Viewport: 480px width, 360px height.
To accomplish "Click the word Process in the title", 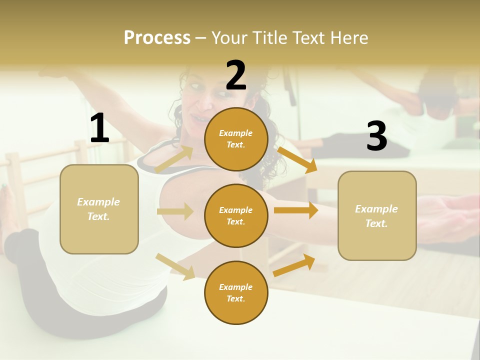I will (x=157, y=37).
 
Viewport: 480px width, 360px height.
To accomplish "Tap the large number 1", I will (x=99, y=128).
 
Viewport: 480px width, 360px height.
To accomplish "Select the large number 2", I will (x=236, y=75).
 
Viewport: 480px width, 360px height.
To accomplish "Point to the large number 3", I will (x=376, y=136).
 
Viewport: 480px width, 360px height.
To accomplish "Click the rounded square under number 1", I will (x=99, y=209).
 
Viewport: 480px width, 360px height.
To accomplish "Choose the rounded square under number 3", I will (x=377, y=215).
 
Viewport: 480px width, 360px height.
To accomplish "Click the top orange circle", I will (x=236, y=139).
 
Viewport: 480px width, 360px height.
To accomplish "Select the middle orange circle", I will (x=236, y=215).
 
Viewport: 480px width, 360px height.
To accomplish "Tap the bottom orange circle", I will (x=236, y=292).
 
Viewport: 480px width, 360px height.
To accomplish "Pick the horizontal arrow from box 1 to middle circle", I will (x=175, y=211).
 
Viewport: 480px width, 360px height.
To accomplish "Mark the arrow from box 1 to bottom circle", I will (x=175, y=266).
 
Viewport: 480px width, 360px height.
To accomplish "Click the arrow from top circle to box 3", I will (x=297, y=159).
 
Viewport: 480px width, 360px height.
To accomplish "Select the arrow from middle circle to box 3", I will (x=295, y=210).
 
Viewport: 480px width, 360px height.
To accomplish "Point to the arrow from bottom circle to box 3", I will (x=294, y=265).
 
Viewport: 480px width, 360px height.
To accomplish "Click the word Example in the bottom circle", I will (x=236, y=287).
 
